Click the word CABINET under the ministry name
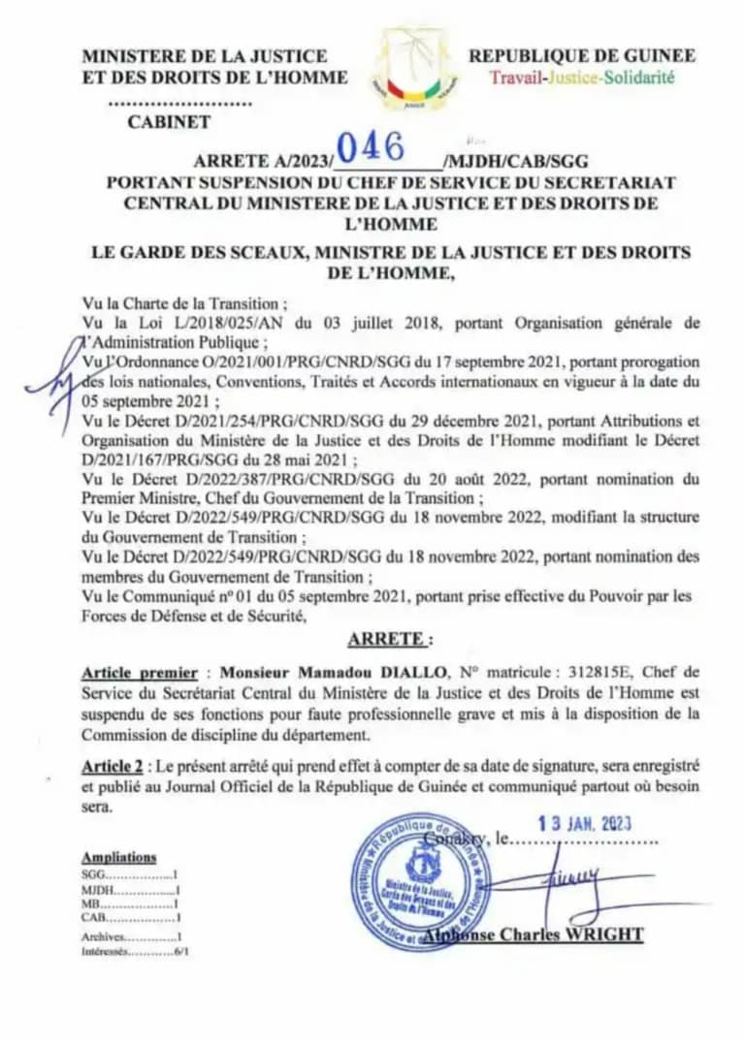168,122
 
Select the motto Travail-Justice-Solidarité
581,78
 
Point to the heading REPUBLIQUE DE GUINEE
582,56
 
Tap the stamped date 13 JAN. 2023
585,823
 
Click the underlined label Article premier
140,672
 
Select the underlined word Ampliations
118,857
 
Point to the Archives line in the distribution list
132,936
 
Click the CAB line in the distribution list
132,916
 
